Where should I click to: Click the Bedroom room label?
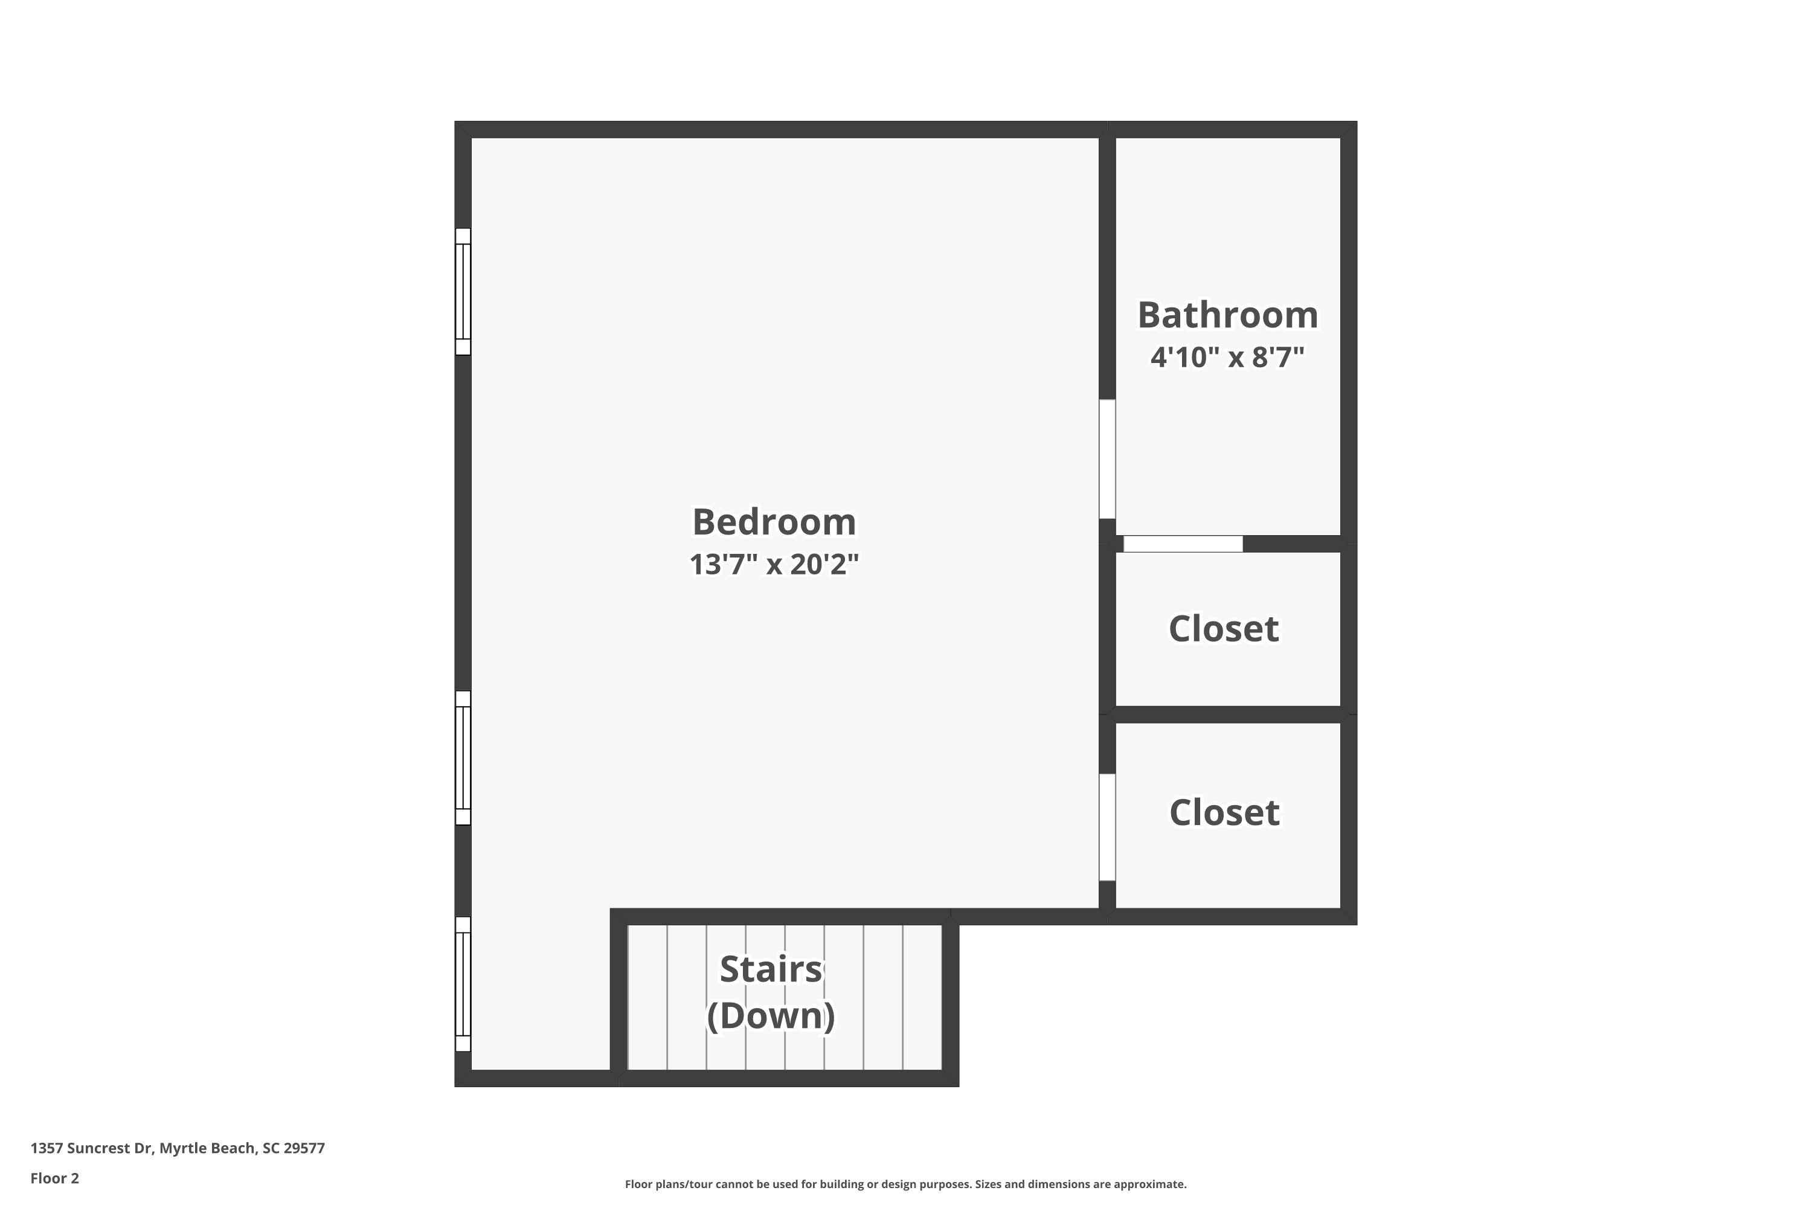coord(774,522)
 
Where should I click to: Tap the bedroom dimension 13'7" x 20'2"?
coord(774,565)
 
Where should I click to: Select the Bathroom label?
coord(1227,315)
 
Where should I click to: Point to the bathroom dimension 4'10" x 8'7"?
coord(1227,358)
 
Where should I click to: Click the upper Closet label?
coord(1224,629)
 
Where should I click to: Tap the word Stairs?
coord(771,969)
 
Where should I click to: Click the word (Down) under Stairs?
coord(771,1015)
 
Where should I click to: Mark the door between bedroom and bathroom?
coord(1107,459)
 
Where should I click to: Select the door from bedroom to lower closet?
coord(1107,827)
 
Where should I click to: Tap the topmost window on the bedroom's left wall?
coord(463,291)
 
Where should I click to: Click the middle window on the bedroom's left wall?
coord(463,758)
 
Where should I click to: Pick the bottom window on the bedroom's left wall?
coord(463,984)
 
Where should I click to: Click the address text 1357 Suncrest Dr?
coord(91,1148)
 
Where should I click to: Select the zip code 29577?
coord(304,1148)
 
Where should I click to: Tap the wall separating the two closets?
coord(1228,714)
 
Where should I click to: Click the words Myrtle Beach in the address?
coord(207,1148)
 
